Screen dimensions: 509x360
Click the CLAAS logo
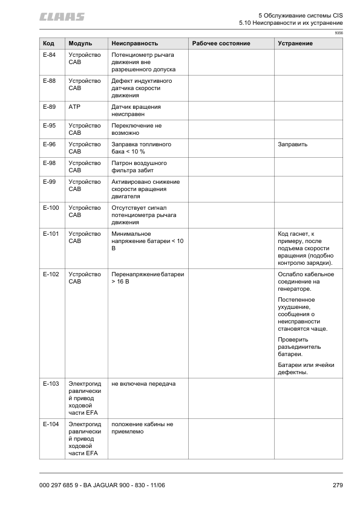62,16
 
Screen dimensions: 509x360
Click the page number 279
338,485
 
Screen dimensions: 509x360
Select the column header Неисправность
135,44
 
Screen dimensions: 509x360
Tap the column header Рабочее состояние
221,44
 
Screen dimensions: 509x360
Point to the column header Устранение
295,44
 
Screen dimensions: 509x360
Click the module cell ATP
75,106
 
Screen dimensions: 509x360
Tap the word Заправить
293,144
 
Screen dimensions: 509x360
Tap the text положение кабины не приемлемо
143,428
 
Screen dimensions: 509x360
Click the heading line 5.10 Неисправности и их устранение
287,22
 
